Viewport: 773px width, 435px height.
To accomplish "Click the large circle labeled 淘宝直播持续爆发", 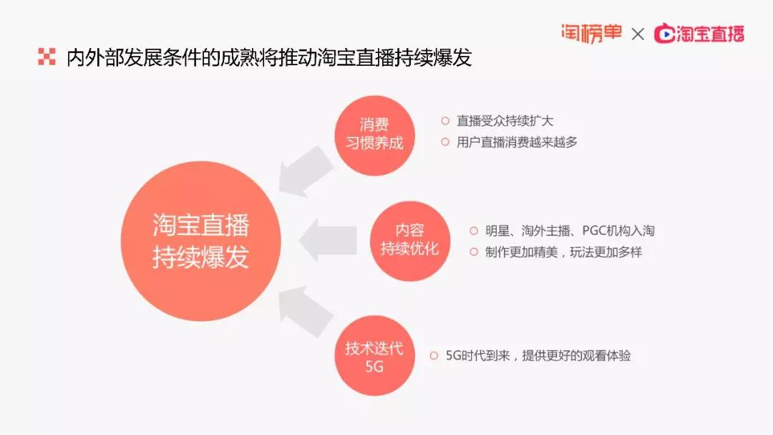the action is point(200,241).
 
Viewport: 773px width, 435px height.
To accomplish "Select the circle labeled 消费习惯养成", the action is point(374,135).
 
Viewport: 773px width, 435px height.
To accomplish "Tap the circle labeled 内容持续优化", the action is point(410,241).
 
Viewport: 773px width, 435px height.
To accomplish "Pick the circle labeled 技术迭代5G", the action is point(374,355).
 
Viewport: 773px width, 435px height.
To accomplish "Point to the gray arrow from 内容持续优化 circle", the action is point(328,241).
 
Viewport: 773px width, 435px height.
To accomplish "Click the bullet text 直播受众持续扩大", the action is point(505,121).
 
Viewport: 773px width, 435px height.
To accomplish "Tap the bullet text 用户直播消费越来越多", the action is point(517,142).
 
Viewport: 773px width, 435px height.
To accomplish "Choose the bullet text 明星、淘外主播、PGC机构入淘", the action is point(570,231).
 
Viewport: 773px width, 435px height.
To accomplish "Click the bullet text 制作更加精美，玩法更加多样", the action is point(563,252).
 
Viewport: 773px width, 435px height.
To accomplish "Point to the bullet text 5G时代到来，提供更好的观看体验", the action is point(538,355).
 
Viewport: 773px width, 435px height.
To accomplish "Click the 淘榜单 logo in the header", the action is point(592,33).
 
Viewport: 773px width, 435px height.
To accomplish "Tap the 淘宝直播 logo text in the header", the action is point(710,34).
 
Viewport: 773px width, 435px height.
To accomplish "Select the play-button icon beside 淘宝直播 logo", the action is point(664,34).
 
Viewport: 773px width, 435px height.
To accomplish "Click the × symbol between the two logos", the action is point(638,34).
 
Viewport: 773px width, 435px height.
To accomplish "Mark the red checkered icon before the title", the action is point(47,57).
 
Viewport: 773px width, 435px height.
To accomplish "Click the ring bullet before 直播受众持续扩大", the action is point(445,121).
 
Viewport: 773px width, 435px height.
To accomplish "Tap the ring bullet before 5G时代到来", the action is point(434,355).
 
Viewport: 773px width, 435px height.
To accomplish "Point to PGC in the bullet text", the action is point(594,231).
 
